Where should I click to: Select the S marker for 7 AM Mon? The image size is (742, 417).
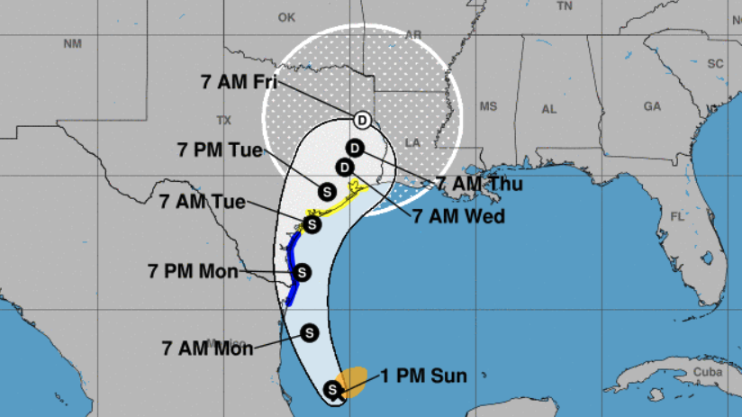(x=311, y=332)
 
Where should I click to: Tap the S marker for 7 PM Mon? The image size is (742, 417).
(x=303, y=271)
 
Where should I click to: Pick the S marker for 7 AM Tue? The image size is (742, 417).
(x=312, y=224)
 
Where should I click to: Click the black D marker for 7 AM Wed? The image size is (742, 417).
(x=343, y=167)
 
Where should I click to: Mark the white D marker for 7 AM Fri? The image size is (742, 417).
(x=361, y=120)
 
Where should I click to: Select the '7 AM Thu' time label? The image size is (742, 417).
(x=479, y=183)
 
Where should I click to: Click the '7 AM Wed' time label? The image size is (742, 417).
(x=459, y=216)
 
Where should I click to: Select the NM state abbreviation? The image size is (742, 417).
(x=72, y=44)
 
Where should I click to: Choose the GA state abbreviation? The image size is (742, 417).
(x=652, y=105)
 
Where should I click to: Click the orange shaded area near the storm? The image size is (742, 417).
(x=351, y=381)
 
